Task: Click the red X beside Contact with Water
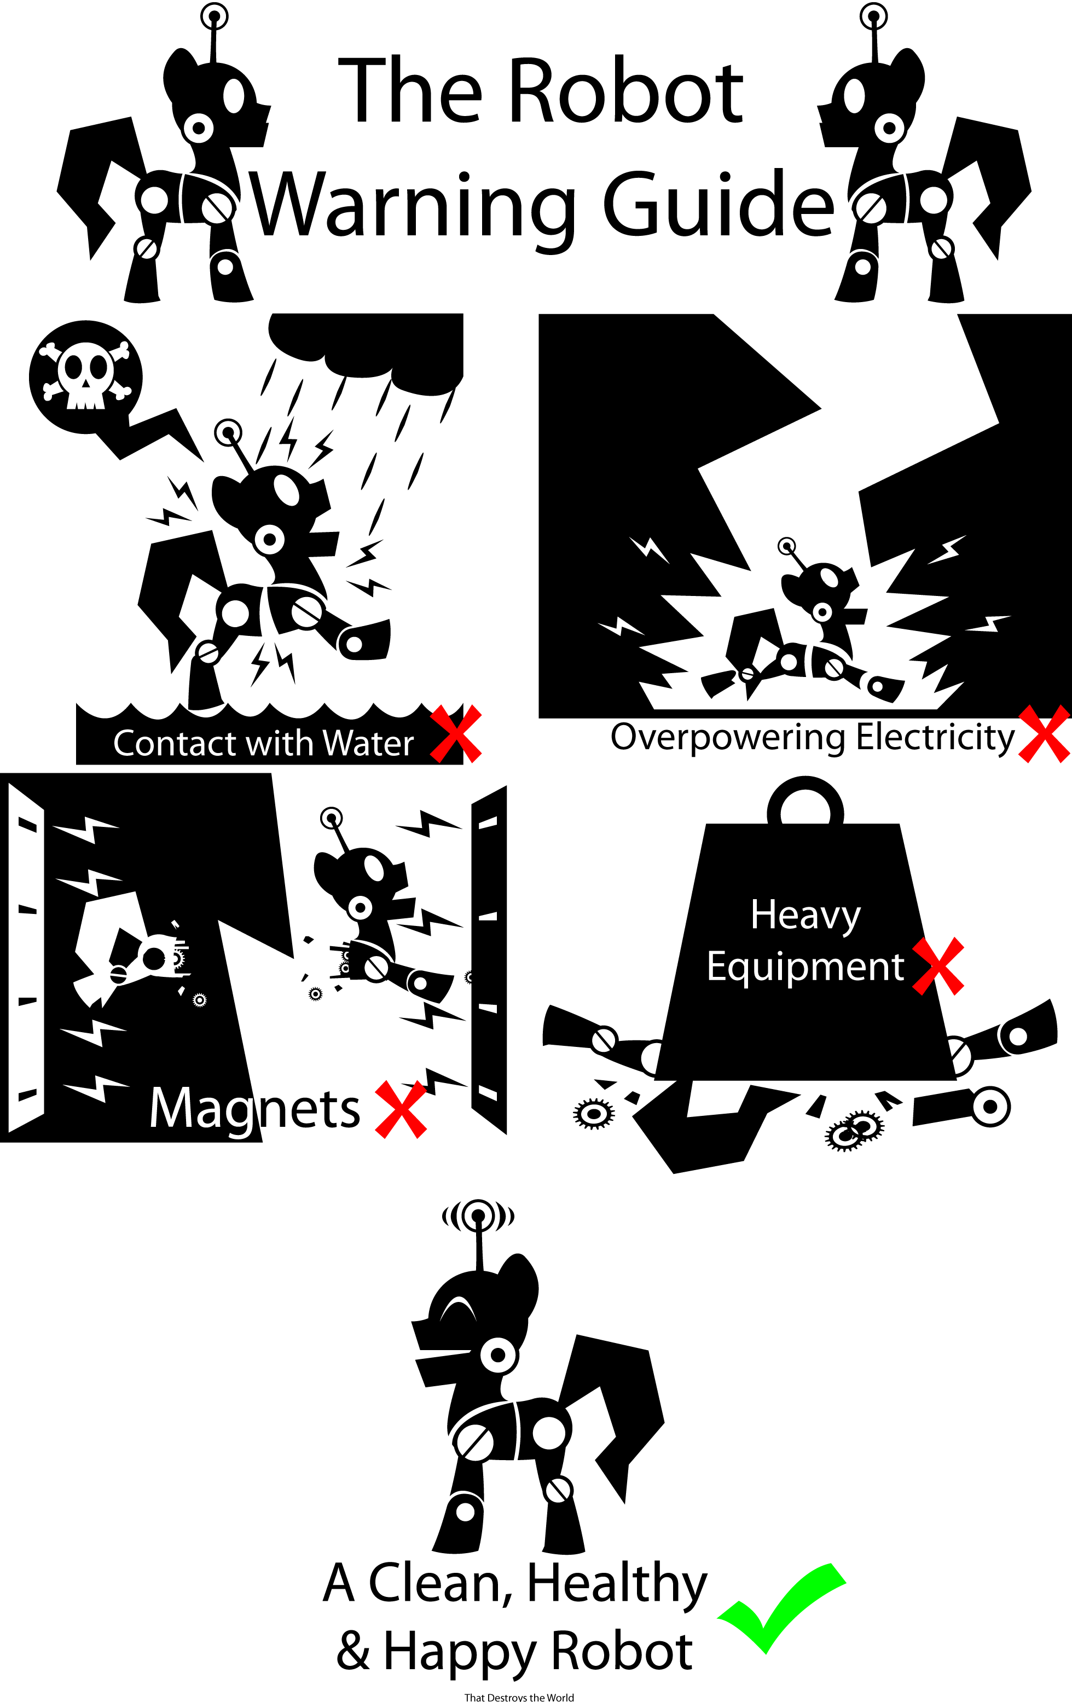click(456, 734)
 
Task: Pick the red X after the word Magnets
click(401, 1109)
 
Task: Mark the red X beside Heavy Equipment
click(938, 966)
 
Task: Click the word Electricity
click(936, 738)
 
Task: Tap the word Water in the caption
click(368, 744)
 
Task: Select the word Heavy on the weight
click(806, 916)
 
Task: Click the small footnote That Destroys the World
click(519, 1697)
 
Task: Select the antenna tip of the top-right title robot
click(873, 15)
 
